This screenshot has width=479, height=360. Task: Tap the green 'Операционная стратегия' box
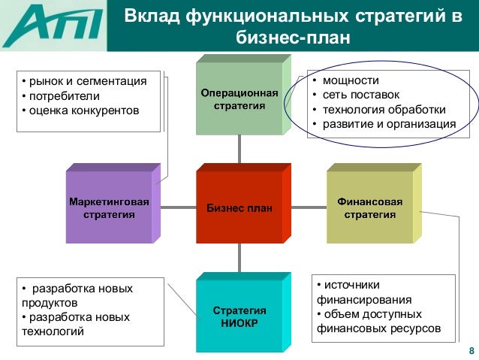(239, 99)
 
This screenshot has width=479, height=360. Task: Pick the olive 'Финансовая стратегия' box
(369, 209)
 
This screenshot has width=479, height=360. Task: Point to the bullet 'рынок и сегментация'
(87, 81)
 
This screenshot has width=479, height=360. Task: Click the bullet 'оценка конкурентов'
(84, 111)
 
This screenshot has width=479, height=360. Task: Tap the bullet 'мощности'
(346, 80)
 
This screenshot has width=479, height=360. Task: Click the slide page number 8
(471, 352)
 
